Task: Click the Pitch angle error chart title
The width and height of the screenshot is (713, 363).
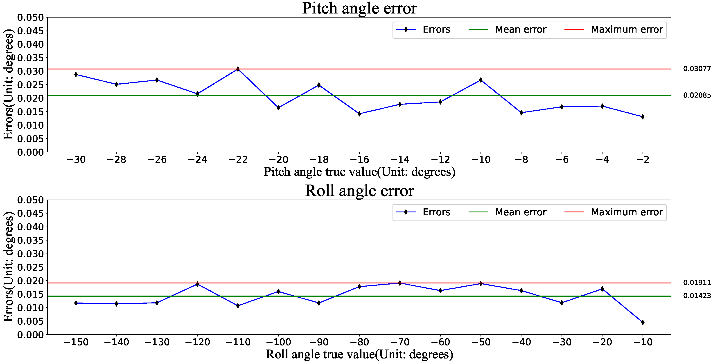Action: coord(359,8)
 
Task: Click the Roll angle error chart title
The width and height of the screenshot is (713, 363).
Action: coord(359,191)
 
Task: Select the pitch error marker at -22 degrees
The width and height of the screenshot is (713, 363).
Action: coord(238,69)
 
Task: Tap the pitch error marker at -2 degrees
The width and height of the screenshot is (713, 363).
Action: coord(642,117)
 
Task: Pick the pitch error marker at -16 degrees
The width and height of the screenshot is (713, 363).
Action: coord(359,114)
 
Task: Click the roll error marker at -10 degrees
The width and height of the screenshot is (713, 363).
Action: coord(642,322)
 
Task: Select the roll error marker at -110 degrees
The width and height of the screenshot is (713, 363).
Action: coord(238,305)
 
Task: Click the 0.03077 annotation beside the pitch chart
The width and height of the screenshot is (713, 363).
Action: coord(697,69)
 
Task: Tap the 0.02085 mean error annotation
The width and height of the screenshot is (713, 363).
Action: coord(697,95)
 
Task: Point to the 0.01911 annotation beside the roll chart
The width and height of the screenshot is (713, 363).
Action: coord(697,283)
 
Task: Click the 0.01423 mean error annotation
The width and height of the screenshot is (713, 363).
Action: coord(697,296)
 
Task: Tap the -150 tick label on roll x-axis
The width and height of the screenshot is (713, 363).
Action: coord(76,342)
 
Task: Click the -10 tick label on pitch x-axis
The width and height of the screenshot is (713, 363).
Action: coord(481,160)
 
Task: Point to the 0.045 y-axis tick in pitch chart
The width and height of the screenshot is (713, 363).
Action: coord(30,31)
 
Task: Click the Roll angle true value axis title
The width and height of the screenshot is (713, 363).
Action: coord(359,354)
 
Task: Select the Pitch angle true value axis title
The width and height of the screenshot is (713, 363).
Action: coord(359,172)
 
